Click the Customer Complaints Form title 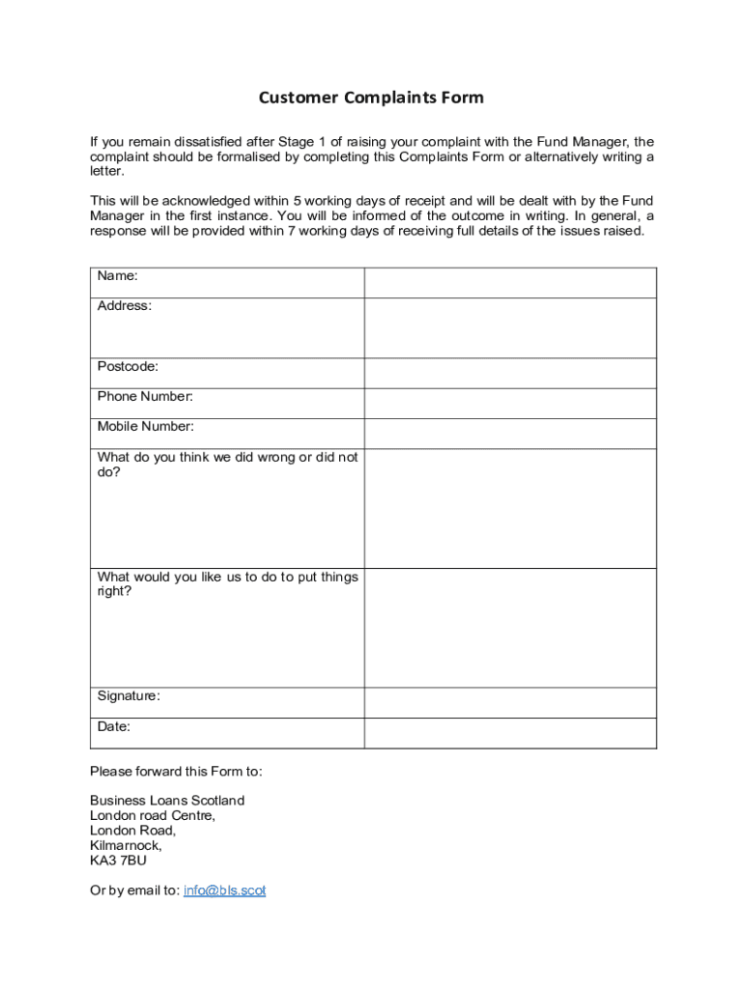(x=371, y=98)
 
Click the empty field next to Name (x=509, y=283)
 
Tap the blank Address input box (x=509, y=328)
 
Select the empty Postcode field (x=509, y=374)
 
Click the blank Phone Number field (x=509, y=404)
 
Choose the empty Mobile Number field (x=509, y=434)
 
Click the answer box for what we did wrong (x=509, y=508)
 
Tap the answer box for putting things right (x=509, y=628)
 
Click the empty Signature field (x=509, y=702)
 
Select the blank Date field (x=509, y=733)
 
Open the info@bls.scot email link (x=224, y=890)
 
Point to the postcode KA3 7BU (x=118, y=861)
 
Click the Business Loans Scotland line (x=167, y=801)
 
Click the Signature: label (x=129, y=696)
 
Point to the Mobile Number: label (x=145, y=427)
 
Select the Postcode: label (x=128, y=367)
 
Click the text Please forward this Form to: (x=176, y=771)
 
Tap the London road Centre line (x=153, y=815)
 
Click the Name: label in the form (x=117, y=276)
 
